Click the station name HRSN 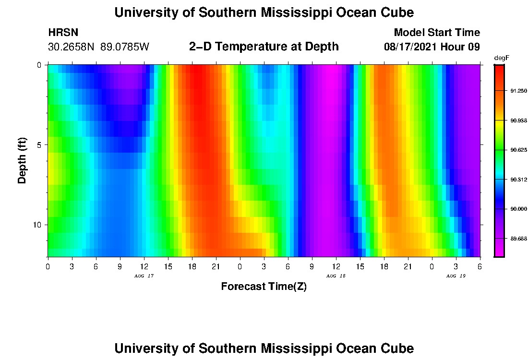pyautogui.click(x=63, y=33)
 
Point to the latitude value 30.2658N pyautogui.click(x=72, y=47)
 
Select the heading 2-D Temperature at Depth pyautogui.click(x=264, y=47)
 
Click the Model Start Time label pyautogui.click(x=437, y=33)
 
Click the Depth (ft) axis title pyautogui.click(x=22, y=160)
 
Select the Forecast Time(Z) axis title pyautogui.click(x=264, y=287)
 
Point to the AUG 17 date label pyautogui.click(x=144, y=276)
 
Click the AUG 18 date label pyautogui.click(x=336, y=276)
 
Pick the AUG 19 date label pyautogui.click(x=456, y=276)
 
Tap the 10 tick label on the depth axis pyautogui.click(x=39, y=225)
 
